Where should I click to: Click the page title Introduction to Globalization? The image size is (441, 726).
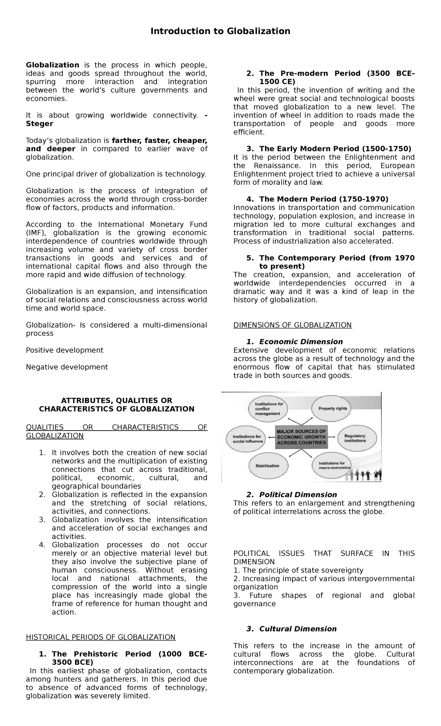(x=220, y=31)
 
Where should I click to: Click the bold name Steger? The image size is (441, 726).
(x=39, y=124)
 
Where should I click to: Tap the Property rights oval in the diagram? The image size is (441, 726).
(x=332, y=409)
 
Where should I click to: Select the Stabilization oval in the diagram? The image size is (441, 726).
(x=267, y=466)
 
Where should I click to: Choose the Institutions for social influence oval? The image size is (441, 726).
(x=248, y=439)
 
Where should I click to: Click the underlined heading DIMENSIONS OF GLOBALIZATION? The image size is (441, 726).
(x=293, y=325)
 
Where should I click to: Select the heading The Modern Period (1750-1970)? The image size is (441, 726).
(x=323, y=199)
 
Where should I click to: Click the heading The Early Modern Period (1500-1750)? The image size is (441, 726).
(x=335, y=149)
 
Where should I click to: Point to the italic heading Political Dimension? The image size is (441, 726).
(x=298, y=495)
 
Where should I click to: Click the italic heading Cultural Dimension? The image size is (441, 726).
(x=298, y=629)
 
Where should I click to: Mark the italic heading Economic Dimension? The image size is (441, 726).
(x=301, y=342)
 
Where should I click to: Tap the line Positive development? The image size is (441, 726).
(x=65, y=350)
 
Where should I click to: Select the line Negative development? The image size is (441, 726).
(x=67, y=367)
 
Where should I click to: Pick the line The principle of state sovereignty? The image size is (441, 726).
(x=298, y=570)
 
